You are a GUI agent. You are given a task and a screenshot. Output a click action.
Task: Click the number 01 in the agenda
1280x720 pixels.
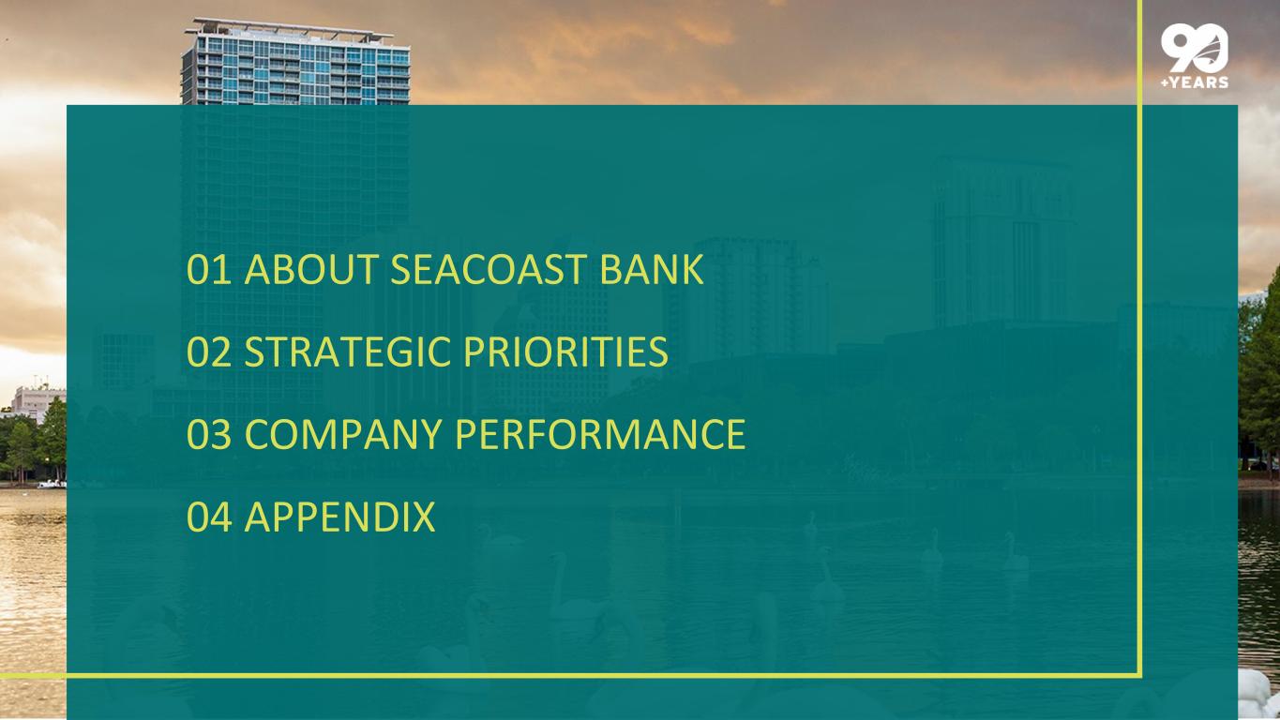(209, 269)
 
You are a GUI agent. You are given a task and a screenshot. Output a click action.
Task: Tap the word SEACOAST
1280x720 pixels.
(488, 269)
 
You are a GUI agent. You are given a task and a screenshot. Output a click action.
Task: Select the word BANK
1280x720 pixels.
(652, 269)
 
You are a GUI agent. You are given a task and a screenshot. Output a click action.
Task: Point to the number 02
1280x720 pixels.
(209, 352)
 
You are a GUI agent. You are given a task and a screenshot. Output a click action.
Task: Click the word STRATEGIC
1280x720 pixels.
(347, 352)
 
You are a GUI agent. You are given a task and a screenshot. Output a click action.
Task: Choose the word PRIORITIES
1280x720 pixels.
(565, 352)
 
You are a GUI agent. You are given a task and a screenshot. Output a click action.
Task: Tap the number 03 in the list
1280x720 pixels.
(209, 434)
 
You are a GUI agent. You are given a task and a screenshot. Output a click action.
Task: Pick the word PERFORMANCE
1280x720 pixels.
(600, 434)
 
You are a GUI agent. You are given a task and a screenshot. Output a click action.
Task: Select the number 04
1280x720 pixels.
(209, 517)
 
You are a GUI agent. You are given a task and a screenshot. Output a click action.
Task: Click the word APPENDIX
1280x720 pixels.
(340, 517)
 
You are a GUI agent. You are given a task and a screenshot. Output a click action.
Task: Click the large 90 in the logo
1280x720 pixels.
(1194, 48)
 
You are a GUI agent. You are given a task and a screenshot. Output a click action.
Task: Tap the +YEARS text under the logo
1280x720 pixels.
(1195, 82)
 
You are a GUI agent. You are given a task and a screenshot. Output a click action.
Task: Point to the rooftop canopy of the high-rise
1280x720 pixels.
(293, 27)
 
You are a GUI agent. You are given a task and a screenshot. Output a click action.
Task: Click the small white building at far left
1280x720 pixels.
(38, 403)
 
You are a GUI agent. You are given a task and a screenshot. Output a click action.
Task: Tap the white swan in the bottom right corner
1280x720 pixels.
(1257, 695)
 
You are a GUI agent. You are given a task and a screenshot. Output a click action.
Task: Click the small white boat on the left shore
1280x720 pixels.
(52, 485)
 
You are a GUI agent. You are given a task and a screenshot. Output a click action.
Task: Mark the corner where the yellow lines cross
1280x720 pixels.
(1139, 676)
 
